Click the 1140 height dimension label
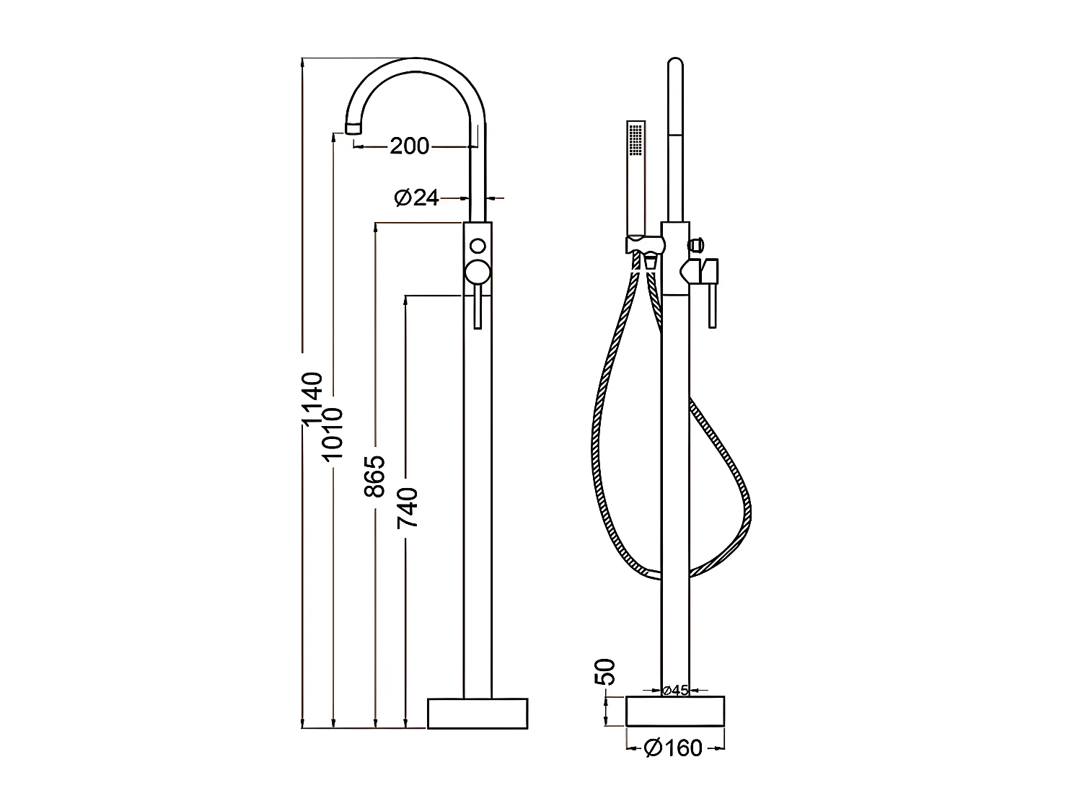tap(312, 399)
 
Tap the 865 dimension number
tap(374, 477)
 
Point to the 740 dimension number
tap(408, 508)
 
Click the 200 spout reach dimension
tap(409, 146)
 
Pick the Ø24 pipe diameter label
tap(417, 197)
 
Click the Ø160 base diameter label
tap(673, 748)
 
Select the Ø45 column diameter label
tap(675, 691)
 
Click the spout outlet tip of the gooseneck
tap(353, 128)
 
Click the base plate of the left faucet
tap(478, 713)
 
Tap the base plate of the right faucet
tap(675, 711)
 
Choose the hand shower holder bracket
tap(643, 245)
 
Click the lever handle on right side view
tap(712, 303)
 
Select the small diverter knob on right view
tap(696, 245)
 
